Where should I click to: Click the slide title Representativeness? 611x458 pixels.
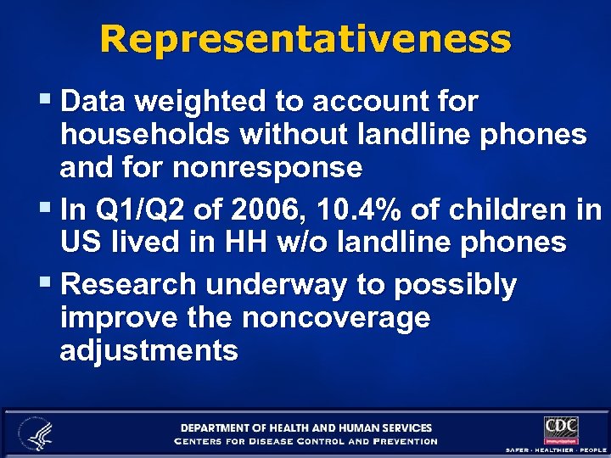305,39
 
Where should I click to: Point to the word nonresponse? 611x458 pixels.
267,167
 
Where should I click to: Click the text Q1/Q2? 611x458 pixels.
132,209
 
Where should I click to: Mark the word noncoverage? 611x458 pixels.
335,318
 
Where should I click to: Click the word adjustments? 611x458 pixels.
149,351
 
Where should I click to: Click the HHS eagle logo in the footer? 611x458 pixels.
36,433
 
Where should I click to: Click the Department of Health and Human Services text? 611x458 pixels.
305,427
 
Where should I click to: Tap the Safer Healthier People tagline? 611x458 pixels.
557,449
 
